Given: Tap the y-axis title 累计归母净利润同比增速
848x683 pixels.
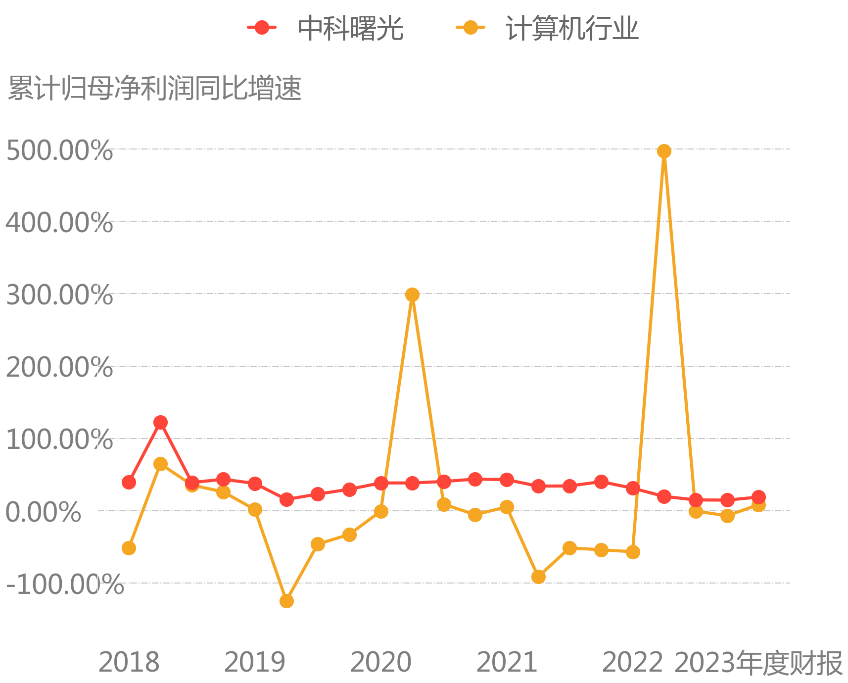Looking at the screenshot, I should point(155,89).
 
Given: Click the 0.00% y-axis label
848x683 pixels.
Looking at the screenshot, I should point(43,512).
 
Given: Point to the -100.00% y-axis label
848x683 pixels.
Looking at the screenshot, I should point(64,584).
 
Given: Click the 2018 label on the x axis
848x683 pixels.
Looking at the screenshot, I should point(129,662).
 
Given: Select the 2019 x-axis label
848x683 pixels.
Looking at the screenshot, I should point(255,662).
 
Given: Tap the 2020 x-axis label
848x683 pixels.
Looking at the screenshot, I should point(381,662).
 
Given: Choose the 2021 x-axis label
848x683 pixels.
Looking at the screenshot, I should point(507,662).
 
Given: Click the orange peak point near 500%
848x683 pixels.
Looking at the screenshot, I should point(664,151).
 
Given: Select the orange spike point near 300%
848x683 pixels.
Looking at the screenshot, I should point(412,294).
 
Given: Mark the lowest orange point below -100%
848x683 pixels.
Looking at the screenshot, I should point(286,601).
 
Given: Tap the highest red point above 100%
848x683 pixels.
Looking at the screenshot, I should point(160,422).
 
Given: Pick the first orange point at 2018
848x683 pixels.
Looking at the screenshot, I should point(129,548).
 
